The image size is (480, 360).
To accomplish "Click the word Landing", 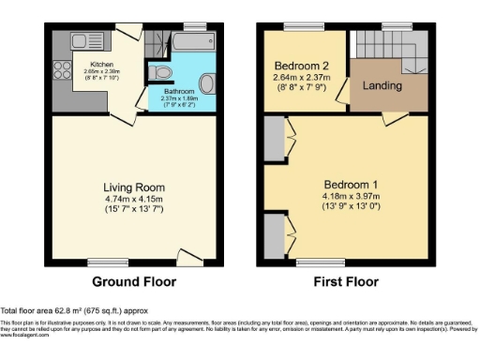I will click(x=384, y=86).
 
